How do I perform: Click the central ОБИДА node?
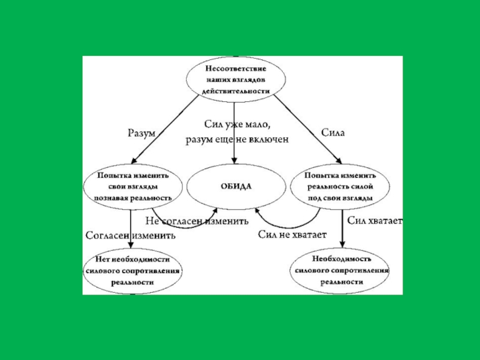[x=236, y=187]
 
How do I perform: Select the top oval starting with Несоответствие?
[x=236, y=80]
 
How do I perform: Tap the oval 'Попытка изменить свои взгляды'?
[x=133, y=187]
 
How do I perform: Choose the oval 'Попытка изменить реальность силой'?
[x=340, y=187]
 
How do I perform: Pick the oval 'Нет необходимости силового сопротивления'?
[x=133, y=271]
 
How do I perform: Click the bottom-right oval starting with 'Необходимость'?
[x=340, y=271]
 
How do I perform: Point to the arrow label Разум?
[x=142, y=133]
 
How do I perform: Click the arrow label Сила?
[x=333, y=133]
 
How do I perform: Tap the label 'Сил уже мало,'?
[x=238, y=125]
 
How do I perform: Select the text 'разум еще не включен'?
[x=236, y=140]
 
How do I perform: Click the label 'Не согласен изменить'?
[x=197, y=221]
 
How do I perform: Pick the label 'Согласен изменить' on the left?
[x=131, y=236]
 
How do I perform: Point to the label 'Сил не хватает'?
[x=292, y=235]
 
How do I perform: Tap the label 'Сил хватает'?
[x=374, y=221]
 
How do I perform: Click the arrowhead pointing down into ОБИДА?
[x=234, y=160]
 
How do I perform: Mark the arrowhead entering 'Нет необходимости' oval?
[x=131, y=245]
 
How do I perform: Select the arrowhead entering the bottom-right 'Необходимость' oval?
[x=342, y=244]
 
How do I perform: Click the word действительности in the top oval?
[x=236, y=91]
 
